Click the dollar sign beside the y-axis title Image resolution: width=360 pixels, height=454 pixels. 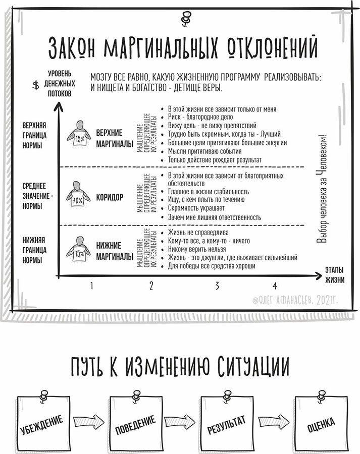[36, 85]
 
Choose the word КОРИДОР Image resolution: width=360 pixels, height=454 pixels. [110, 198]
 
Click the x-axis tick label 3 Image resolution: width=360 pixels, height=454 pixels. [217, 286]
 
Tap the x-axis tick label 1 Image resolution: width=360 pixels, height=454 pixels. [91, 286]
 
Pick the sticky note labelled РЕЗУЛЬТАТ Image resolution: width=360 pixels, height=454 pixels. [227, 423]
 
